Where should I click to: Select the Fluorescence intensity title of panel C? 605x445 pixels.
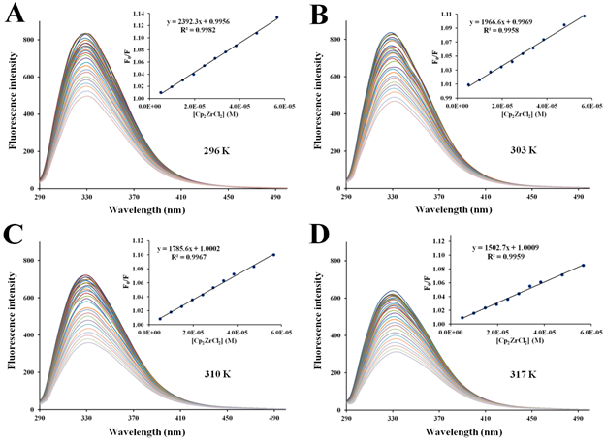coord(9,325)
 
